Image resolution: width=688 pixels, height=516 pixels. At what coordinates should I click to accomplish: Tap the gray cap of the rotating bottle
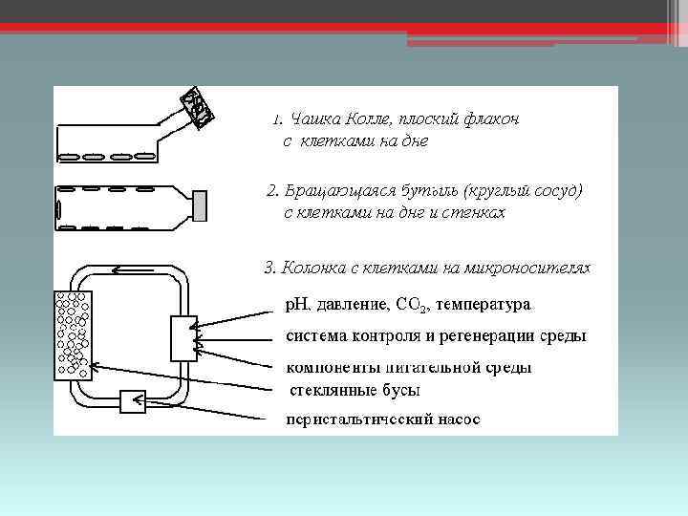[201, 204]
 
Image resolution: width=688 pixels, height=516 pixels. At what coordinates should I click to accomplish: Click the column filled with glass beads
[75, 333]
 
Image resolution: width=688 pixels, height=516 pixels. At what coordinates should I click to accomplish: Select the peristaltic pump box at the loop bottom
[133, 401]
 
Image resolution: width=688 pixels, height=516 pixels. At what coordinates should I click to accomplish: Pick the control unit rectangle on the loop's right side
[183, 338]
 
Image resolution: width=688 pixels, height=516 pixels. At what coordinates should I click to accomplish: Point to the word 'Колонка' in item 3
[312, 267]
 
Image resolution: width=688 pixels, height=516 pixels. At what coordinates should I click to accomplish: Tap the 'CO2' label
[419, 305]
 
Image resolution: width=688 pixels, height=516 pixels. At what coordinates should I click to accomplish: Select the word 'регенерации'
[484, 336]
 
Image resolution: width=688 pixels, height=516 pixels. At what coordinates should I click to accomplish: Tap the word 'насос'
[459, 419]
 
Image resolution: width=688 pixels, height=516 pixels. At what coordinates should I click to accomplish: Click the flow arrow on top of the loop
[119, 270]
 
